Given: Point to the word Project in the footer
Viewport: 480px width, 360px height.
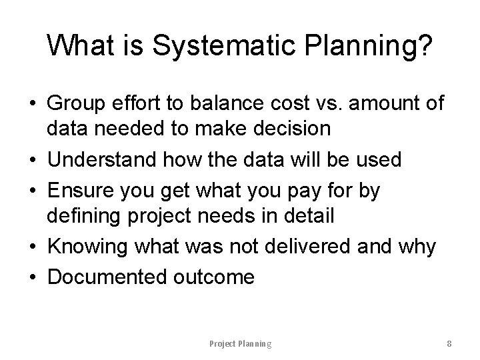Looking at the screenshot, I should tap(223, 344).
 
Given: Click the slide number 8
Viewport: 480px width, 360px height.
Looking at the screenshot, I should tap(449, 344).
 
